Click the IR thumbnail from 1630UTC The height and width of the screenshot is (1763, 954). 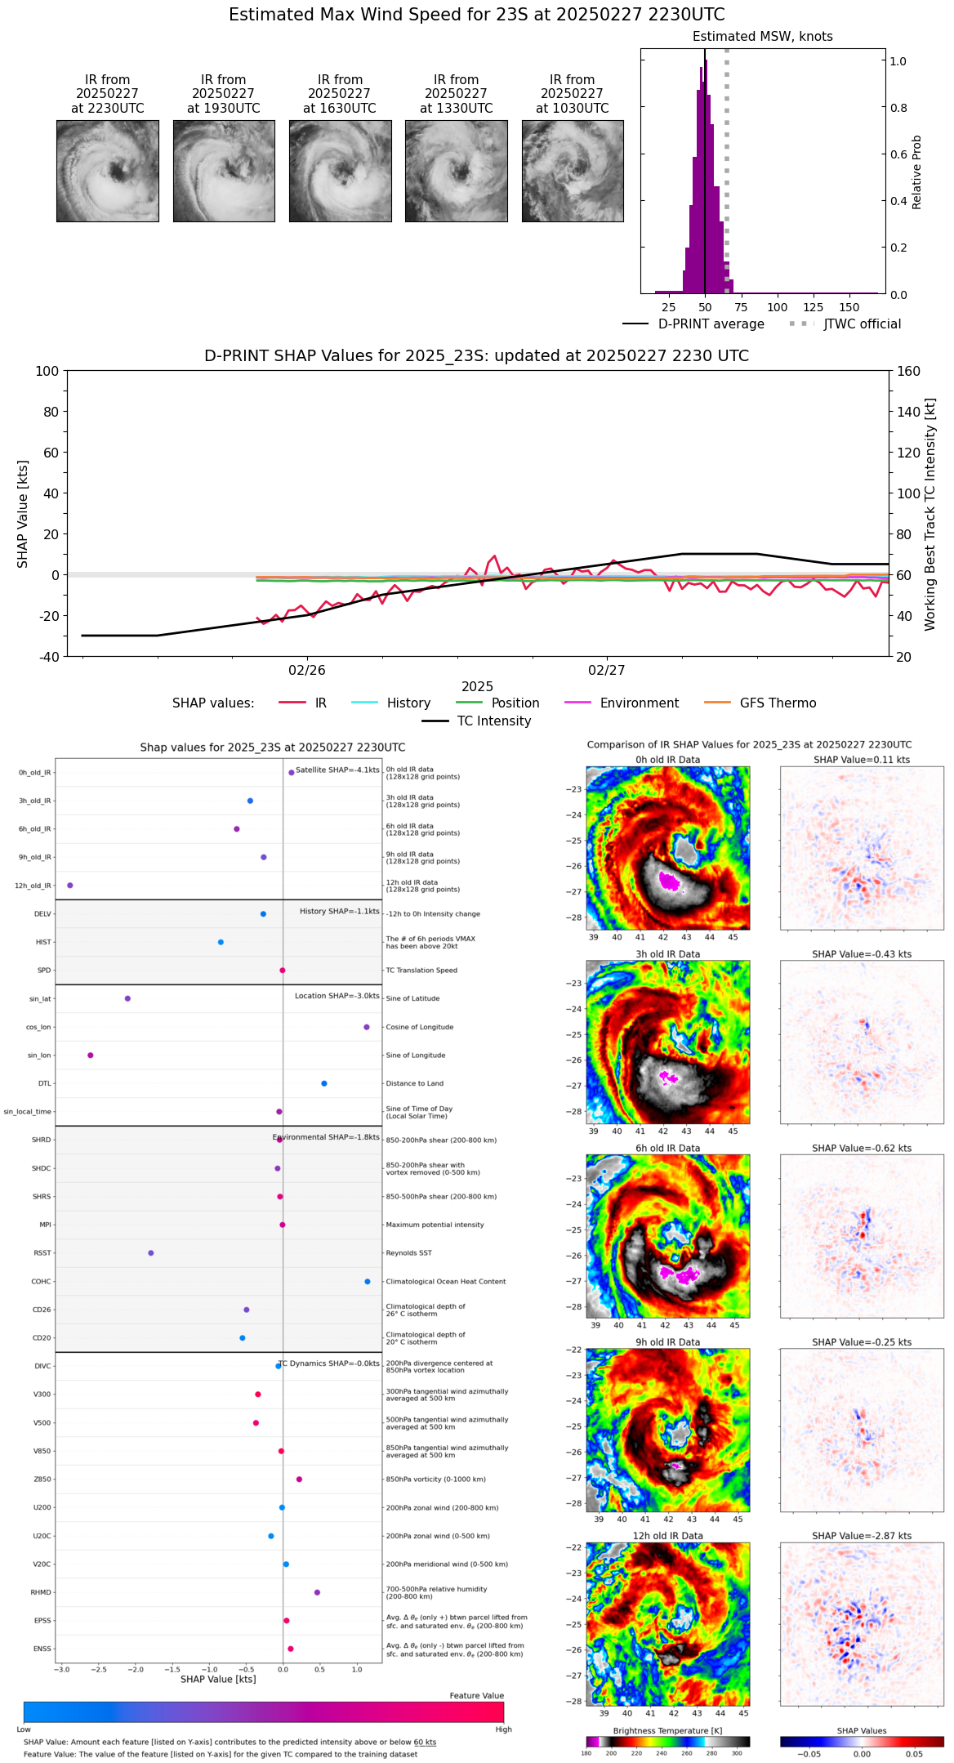coord(340,171)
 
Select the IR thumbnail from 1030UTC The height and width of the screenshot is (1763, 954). coord(573,171)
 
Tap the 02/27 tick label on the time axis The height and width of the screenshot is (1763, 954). coord(606,671)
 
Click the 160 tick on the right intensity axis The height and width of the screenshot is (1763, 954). coord(909,371)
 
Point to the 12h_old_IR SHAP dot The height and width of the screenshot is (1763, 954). coord(70,886)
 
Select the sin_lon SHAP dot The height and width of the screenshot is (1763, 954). coord(91,1056)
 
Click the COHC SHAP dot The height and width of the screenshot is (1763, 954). coord(368,1282)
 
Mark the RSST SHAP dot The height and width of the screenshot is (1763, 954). coord(151,1253)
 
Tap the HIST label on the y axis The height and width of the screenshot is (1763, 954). coord(43,943)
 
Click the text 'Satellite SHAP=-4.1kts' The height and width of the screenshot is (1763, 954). coord(337,770)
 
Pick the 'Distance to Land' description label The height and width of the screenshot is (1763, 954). coord(412,1084)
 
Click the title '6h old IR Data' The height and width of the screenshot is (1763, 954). coord(667,1149)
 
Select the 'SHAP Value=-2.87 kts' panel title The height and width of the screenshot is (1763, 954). coord(862,1536)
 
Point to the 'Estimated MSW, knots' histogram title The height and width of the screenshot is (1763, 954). coord(762,37)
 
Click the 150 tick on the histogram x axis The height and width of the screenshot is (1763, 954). coord(849,308)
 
